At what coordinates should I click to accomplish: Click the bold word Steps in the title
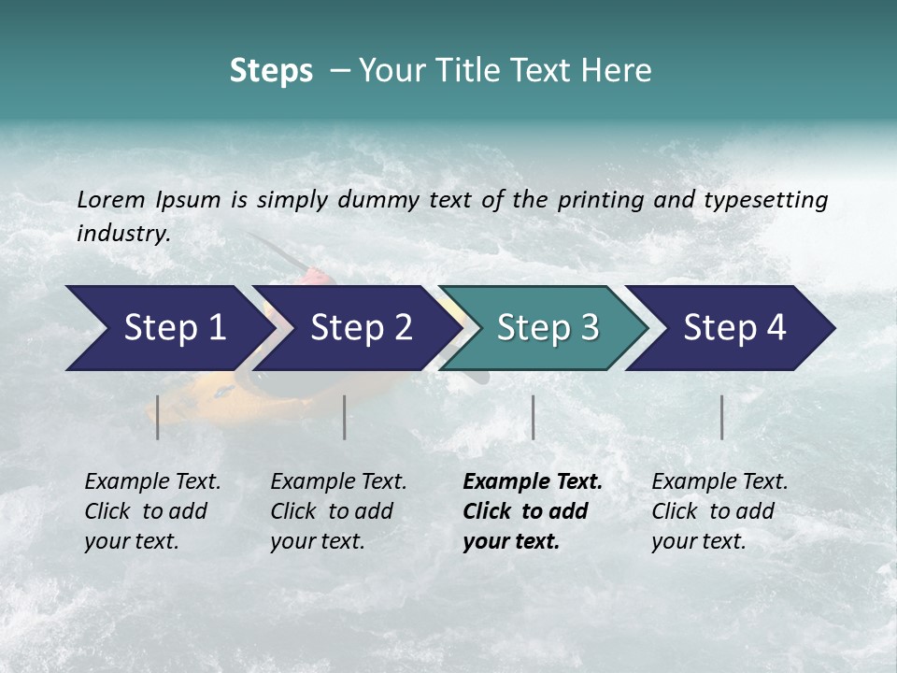click(x=271, y=71)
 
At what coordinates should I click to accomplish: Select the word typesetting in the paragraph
click(x=773, y=199)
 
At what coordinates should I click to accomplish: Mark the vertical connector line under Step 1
click(x=158, y=417)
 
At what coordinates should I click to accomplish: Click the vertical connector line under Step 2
click(x=345, y=417)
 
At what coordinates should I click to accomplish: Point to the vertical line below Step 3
click(x=533, y=417)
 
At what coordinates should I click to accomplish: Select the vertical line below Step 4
click(x=721, y=417)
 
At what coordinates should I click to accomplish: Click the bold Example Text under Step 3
click(x=533, y=481)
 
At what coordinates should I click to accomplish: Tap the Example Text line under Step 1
click(x=152, y=481)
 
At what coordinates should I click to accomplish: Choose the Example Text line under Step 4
click(x=719, y=481)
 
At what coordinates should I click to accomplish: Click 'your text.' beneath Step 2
click(x=317, y=541)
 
